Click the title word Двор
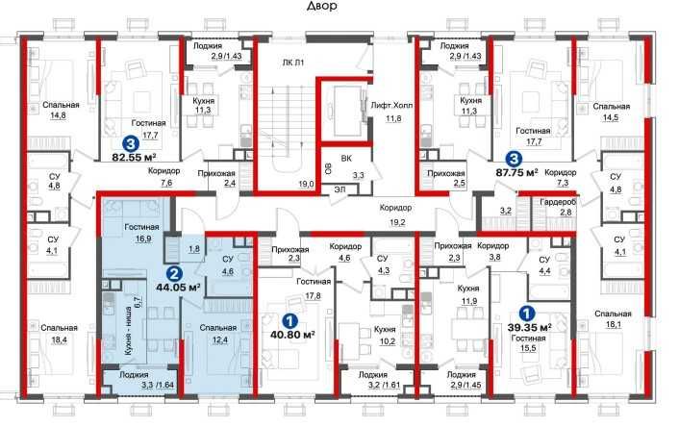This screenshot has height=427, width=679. point(322,6)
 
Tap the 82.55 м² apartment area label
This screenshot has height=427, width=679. point(134,157)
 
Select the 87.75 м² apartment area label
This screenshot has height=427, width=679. point(516,172)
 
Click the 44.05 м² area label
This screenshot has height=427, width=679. point(179,287)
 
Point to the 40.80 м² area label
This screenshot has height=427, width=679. point(292,335)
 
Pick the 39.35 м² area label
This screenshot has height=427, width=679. point(529,327)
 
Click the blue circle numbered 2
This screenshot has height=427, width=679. point(174,273)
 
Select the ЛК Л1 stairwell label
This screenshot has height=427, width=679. point(293,63)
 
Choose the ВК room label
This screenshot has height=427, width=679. point(346,159)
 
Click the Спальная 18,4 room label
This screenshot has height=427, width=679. point(59,334)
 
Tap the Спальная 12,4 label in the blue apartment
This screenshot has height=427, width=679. point(218,334)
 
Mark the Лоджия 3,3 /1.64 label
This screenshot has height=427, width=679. point(139,379)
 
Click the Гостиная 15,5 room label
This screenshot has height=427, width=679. point(528,343)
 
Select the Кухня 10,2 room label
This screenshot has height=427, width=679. point(385,336)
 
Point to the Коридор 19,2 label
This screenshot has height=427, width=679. point(396,215)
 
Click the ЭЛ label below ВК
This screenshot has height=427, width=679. point(339,188)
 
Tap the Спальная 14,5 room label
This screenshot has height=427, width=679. point(611,112)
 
